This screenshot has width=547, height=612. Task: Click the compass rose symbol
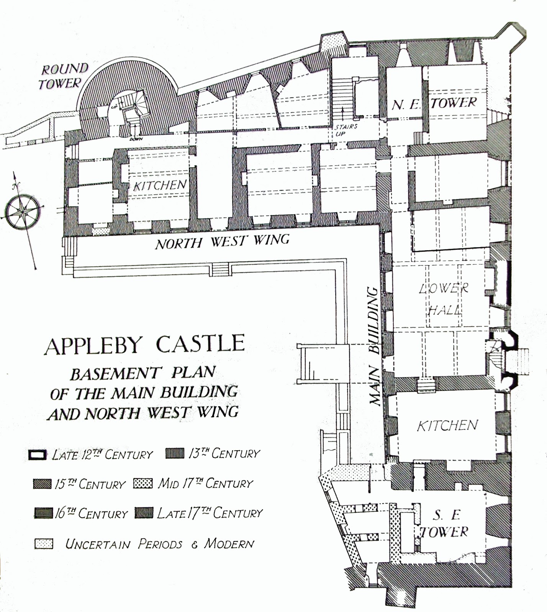pyautogui.click(x=23, y=211)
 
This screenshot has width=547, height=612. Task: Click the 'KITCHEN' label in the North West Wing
pyautogui.click(x=160, y=186)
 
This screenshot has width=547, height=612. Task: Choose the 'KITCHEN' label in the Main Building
pyautogui.click(x=447, y=425)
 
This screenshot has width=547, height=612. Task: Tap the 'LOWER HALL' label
pyautogui.click(x=444, y=298)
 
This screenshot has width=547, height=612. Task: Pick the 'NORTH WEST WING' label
pyautogui.click(x=222, y=242)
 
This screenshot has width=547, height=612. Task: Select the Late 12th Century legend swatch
pyautogui.click(x=37, y=454)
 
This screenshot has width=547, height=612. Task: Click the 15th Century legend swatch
pyautogui.click(x=42, y=484)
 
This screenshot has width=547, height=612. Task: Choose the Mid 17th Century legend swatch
pyautogui.click(x=143, y=483)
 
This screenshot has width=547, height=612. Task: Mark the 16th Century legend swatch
pyautogui.click(x=43, y=513)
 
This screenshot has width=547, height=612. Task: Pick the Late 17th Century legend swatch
pyautogui.click(x=144, y=513)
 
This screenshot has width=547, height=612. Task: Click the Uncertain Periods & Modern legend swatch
pyautogui.click(x=44, y=544)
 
